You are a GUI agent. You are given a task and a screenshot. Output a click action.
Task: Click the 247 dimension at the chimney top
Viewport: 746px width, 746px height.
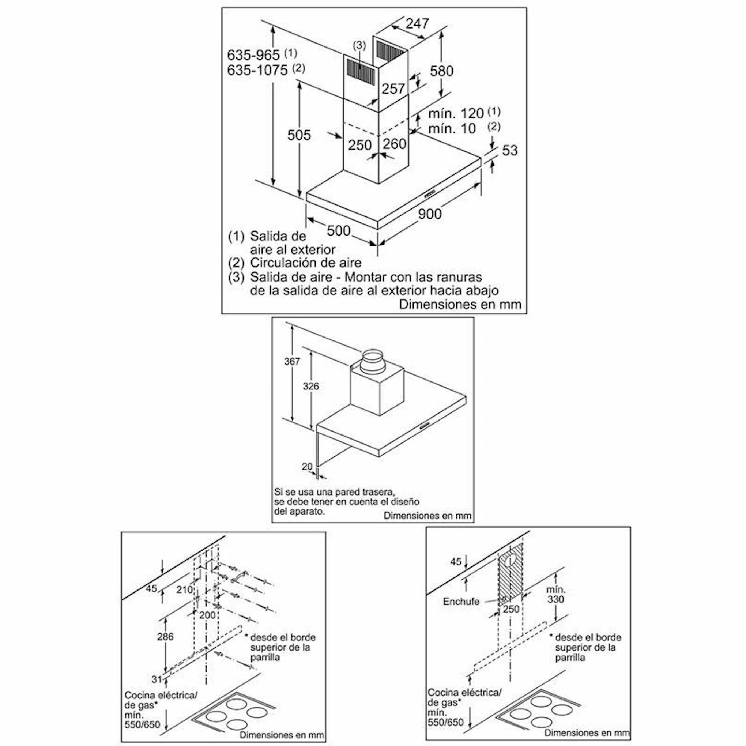point(417,24)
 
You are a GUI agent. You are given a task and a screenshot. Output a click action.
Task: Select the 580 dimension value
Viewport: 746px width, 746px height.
point(441,71)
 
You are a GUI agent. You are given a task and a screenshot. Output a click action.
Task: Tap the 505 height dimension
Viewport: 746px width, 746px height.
point(299,135)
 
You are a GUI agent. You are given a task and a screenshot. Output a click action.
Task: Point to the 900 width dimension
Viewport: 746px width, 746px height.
point(429,214)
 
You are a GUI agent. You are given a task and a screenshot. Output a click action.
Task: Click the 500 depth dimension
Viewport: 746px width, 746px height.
point(338,230)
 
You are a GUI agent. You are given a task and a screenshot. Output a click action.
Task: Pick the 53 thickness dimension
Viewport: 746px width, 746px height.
point(510,150)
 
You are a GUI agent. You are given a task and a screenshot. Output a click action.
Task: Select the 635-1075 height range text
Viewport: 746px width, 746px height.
point(257,70)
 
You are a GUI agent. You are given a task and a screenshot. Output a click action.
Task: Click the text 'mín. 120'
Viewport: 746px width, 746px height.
point(456,113)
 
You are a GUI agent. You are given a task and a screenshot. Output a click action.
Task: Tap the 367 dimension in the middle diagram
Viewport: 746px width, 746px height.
point(291,361)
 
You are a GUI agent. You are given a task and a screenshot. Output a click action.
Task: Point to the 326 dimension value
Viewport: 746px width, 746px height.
point(310,386)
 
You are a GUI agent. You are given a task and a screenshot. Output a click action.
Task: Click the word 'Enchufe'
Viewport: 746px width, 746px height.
point(461,602)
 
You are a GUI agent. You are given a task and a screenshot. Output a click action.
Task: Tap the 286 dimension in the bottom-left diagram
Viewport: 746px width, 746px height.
point(165,636)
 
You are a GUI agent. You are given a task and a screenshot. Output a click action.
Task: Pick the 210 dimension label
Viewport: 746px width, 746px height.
point(184,589)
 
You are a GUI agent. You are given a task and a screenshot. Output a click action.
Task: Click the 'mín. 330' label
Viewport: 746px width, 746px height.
point(555,595)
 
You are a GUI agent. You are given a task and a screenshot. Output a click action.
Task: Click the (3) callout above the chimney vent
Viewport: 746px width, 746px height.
point(359,45)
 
